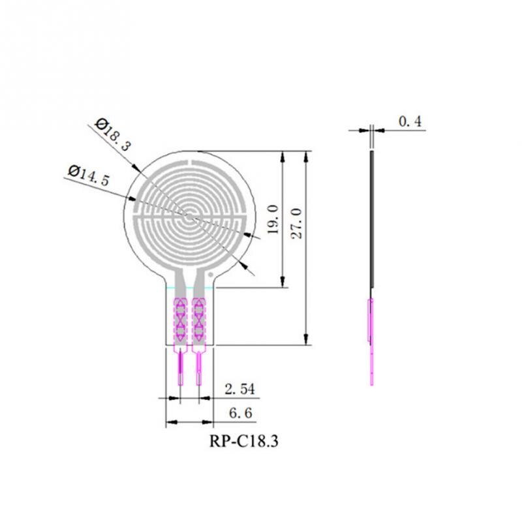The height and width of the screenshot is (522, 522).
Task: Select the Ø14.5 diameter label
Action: click(x=89, y=175)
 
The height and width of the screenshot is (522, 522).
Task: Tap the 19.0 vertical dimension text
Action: click(x=273, y=220)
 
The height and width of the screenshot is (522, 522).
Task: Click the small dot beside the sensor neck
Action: click(x=210, y=275)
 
